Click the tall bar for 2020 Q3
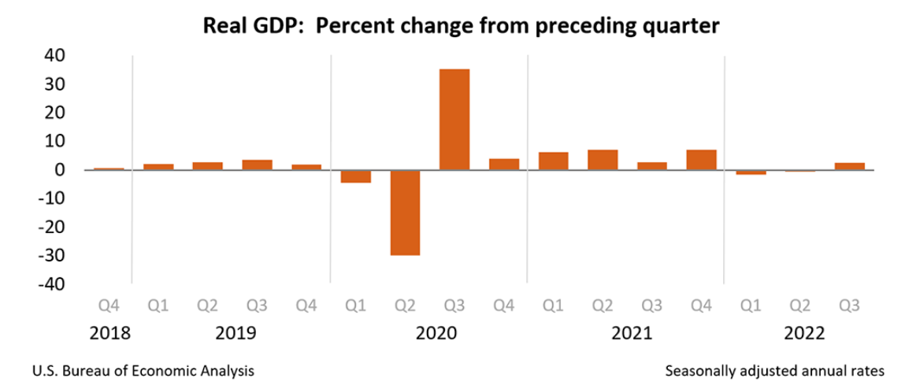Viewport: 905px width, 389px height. tap(454, 119)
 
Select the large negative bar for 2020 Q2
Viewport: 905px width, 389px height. tap(405, 212)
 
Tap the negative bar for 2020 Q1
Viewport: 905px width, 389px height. tap(355, 176)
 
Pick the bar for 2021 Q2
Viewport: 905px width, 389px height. tap(603, 159)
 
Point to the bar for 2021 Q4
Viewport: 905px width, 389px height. tap(701, 159)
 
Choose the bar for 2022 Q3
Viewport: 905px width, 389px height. tap(849, 165)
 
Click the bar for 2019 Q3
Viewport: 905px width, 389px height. tap(257, 165)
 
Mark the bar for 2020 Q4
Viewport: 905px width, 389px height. tap(504, 164)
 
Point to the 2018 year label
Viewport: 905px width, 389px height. tap(109, 333)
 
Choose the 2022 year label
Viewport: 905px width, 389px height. tap(803, 333)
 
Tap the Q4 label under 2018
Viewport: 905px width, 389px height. tap(109, 305)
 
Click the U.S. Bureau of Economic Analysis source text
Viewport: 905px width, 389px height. tap(144, 370)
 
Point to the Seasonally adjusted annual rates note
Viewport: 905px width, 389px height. tap(775, 370)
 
